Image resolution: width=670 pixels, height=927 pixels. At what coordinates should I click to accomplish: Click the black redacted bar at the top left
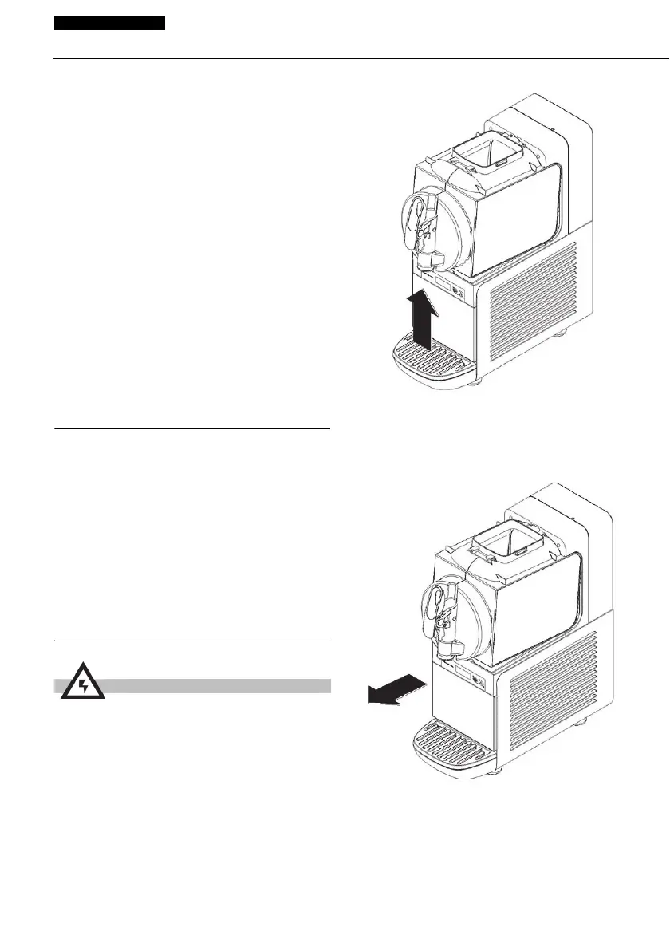(109, 22)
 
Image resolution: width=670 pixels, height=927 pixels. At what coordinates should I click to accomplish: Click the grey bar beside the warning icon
(215, 685)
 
